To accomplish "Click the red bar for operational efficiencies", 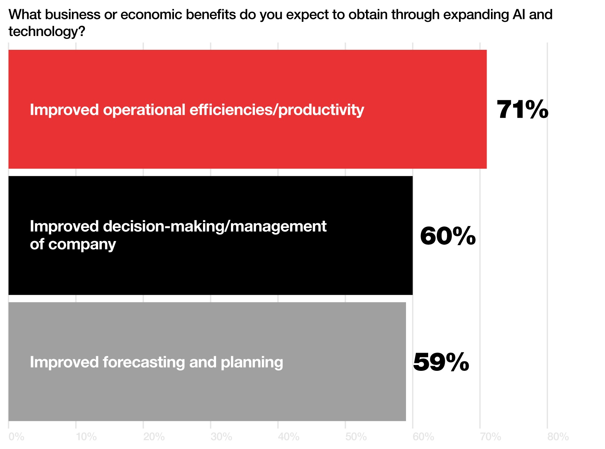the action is pos(247,109).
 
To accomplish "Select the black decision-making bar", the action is pos(211,235).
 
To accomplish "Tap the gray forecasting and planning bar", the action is pos(207,361).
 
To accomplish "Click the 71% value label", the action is pos(522,109).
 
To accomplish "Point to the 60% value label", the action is pos(448,236).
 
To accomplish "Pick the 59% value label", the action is pos(441,362).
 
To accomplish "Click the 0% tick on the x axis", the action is pos(16,437).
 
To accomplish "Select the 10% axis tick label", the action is pos(86,437).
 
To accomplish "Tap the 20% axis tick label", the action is pos(154,437).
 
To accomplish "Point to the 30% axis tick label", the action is pos(221,437).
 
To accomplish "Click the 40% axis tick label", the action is pos(289,437).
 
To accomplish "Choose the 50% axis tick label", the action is pos(356,437).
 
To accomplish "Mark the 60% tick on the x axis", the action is pos(423,437).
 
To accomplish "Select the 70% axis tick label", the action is pos(491,437).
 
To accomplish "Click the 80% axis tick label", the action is pos(558,437).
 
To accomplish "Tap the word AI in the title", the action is pos(519,15).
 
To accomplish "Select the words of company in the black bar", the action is pos(73,244).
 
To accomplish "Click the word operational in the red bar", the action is pos(144,110).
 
